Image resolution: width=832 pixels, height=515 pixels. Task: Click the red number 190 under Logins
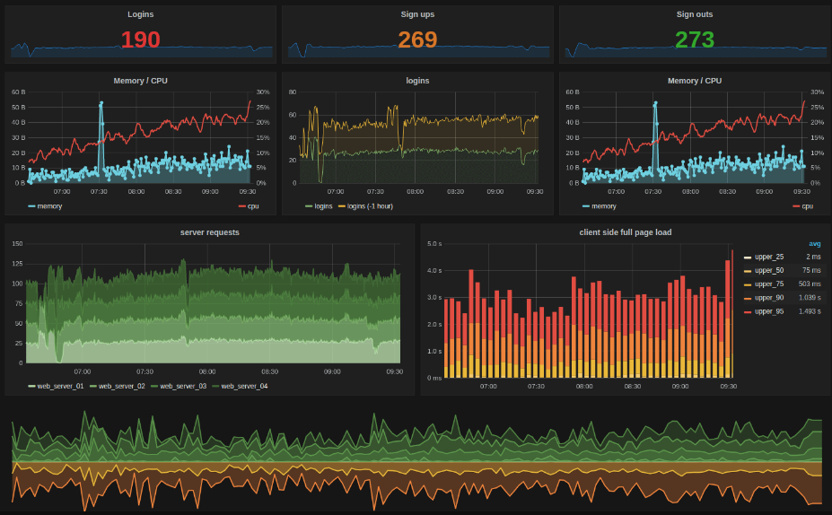pos(140,40)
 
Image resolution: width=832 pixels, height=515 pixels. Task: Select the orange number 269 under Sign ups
pos(417,40)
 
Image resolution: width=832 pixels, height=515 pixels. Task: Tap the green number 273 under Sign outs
pos(695,40)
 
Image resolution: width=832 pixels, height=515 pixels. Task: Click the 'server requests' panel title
pos(210,232)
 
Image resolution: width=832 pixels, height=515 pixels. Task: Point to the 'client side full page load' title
pos(626,232)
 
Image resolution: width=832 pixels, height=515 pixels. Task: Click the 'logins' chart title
pos(417,81)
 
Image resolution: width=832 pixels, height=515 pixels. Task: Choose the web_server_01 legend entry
pos(59,386)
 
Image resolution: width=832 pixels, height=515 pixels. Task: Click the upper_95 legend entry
pos(768,311)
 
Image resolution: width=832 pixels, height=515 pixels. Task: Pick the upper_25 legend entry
pos(768,257)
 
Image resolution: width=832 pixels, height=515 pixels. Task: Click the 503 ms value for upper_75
pos(810,284)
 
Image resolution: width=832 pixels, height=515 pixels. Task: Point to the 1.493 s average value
pos(810,311)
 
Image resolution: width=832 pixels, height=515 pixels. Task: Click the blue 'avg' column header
pos(814,243)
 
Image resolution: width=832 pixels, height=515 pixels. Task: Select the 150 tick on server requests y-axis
pos(17,244)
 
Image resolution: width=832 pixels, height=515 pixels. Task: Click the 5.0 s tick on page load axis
pos(434,244)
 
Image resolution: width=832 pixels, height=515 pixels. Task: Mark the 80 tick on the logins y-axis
pos(292,92)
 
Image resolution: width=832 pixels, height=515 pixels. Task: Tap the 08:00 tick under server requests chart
pos(207,371)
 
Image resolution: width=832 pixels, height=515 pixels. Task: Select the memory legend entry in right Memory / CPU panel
pos(603,205)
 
